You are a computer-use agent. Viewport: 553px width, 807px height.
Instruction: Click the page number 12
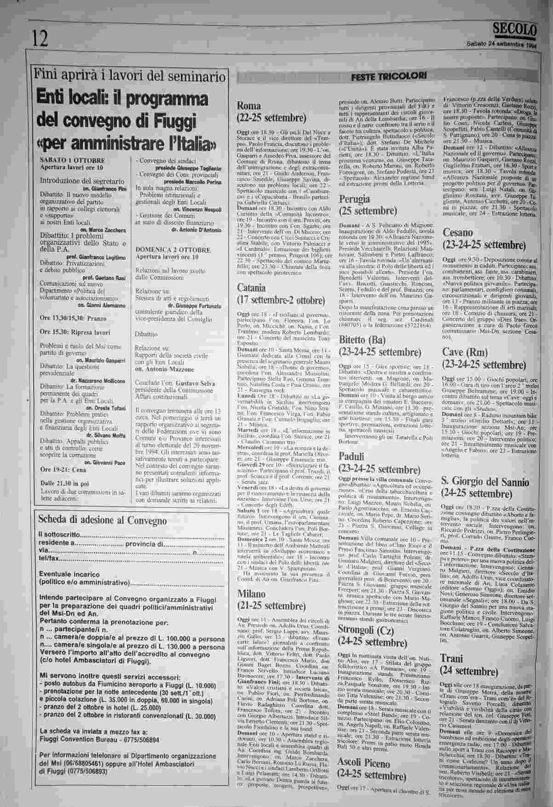click(40, 38)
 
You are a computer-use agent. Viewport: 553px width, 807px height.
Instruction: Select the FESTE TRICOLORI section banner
click(389, 76)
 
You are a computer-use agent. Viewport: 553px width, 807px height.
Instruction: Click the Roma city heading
click(249, 105)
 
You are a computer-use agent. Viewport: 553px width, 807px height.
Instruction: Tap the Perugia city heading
click(354, 199)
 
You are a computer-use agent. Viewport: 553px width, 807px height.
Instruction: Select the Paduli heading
click(351, 456)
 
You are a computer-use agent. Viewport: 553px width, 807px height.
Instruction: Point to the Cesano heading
click(458, 232)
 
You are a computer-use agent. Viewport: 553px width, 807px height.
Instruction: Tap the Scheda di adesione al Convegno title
click(102, 520)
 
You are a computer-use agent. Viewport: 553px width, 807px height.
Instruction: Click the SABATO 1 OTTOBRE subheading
click(73, 160)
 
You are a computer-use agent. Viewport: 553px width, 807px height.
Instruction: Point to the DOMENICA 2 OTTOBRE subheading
click(173, 250)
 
